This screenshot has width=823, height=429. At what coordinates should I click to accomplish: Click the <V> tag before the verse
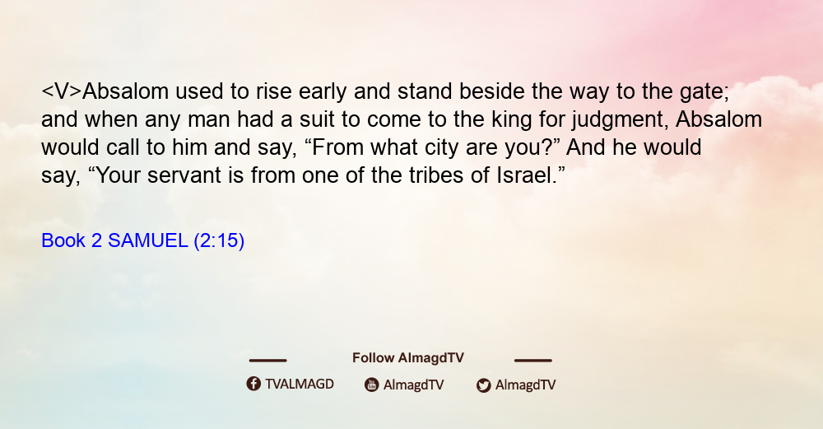pyautogui.click(x=62, y=91)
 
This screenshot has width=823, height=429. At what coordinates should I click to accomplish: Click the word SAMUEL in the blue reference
pyautogui.click(x=147, y=240)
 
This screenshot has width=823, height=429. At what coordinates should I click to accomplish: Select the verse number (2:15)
pyautogui.click(x=219, y=241)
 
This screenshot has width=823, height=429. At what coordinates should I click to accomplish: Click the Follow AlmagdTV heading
pyautogui.click(x=408, y=357)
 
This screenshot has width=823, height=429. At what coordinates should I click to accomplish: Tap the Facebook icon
pyautogui.click(x=253, y=384)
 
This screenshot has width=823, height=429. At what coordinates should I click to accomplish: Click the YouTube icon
pyautogui.click(x=372, y=385)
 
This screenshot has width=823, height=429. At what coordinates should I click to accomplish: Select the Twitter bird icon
pyautogui.click(x=483, y=385)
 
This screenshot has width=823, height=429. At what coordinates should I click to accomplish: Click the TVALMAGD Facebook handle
pyautogui.click(x=300, y=384)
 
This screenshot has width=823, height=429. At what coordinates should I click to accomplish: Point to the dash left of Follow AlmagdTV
pyautogui.click(x=267, y=360)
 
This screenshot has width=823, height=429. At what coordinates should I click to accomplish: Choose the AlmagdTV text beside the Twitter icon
pyautogui.click(x=525, y=385)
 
